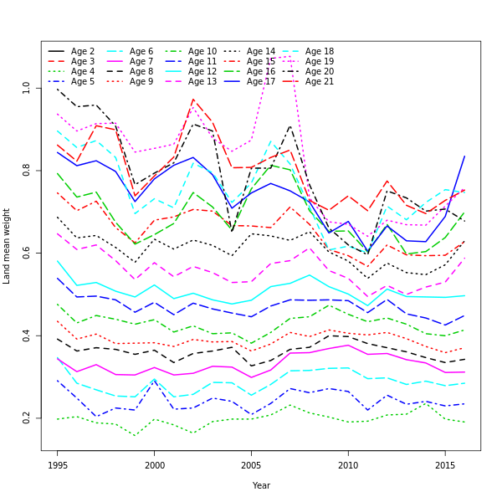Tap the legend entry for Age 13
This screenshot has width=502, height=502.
pos(202,82)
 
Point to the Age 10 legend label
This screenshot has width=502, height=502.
pos(202,52)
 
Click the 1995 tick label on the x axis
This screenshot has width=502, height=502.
pos(58,464)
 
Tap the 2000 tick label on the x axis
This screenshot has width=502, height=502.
pos(155,464)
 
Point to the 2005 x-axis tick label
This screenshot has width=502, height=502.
pos(251,464)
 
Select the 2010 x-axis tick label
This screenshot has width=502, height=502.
pos(348,464)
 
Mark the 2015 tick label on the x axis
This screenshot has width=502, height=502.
pos(444,464)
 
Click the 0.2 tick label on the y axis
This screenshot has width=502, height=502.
pos(27,417)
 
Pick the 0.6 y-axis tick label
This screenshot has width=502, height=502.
pos(27,253)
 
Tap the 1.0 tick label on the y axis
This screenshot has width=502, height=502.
pos(27,87)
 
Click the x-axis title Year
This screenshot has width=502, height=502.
pos(261,485)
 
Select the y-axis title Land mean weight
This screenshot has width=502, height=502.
pos(8,246)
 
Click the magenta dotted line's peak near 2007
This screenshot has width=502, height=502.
pos(290,56)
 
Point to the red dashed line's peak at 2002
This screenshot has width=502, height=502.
pos(193,100)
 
